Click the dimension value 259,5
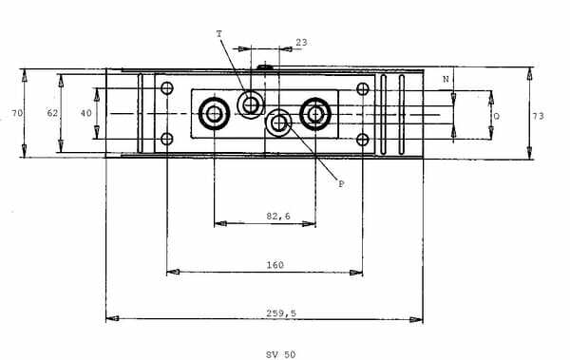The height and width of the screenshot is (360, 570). point(281,313)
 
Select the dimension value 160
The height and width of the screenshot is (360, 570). point(275,265)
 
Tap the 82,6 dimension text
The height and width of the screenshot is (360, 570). point(278,216)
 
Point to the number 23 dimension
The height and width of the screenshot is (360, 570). point(301,42)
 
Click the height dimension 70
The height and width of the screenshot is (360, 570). point(17,113)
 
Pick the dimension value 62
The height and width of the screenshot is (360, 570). point(52,113)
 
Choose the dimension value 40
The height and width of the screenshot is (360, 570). point(85,113)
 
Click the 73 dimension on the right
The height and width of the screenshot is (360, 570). point(539,116)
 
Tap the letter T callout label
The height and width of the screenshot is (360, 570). point(218,34)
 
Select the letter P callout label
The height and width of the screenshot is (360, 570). point(341,184)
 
